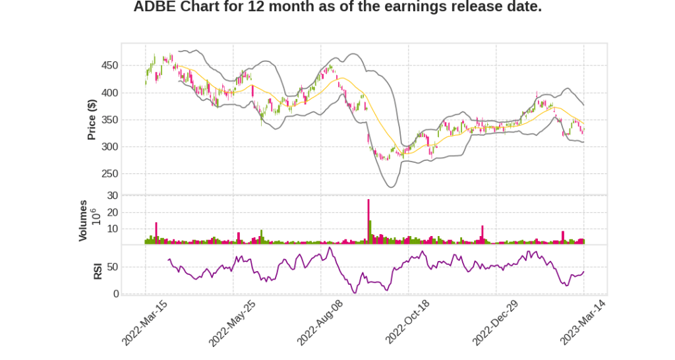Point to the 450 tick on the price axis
(109, 66)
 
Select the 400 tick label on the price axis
(109, 93)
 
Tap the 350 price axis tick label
(109, 120)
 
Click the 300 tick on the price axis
(109, 147)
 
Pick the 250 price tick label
(109, 174)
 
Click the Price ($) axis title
(92, 119)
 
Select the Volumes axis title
(83, 220)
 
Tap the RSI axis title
(98, 270)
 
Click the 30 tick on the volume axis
(113, 196)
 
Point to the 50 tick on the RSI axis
(113, 267)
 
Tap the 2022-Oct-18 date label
(407, 322)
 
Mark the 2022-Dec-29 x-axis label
(495, 322)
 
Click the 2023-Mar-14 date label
(583, 322)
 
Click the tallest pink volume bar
(368, 221)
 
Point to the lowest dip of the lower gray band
(391, 187)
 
